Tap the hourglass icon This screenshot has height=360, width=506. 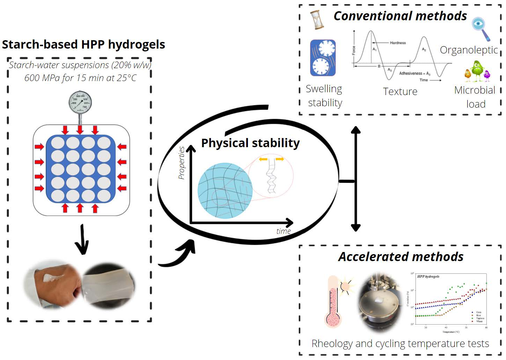pos(317,20)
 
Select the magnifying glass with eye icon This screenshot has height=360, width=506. pos(480,28)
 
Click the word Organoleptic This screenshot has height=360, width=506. pos(468,50)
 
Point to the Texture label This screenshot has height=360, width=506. pos(400,92)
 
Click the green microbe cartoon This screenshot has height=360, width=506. pos(476,70)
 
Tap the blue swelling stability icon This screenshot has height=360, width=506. pos(323,58)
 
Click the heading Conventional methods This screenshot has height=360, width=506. pos(400,16)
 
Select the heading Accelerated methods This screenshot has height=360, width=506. pos(401,257)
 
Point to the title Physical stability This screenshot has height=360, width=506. pos(250,143)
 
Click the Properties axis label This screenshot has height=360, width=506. pos(181,163)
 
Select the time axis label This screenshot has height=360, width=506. pos(283,231)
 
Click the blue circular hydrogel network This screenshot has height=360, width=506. pos(225,190)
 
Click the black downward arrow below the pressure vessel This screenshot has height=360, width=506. pos(82,240)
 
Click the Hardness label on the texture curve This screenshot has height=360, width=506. pos(398,43)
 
